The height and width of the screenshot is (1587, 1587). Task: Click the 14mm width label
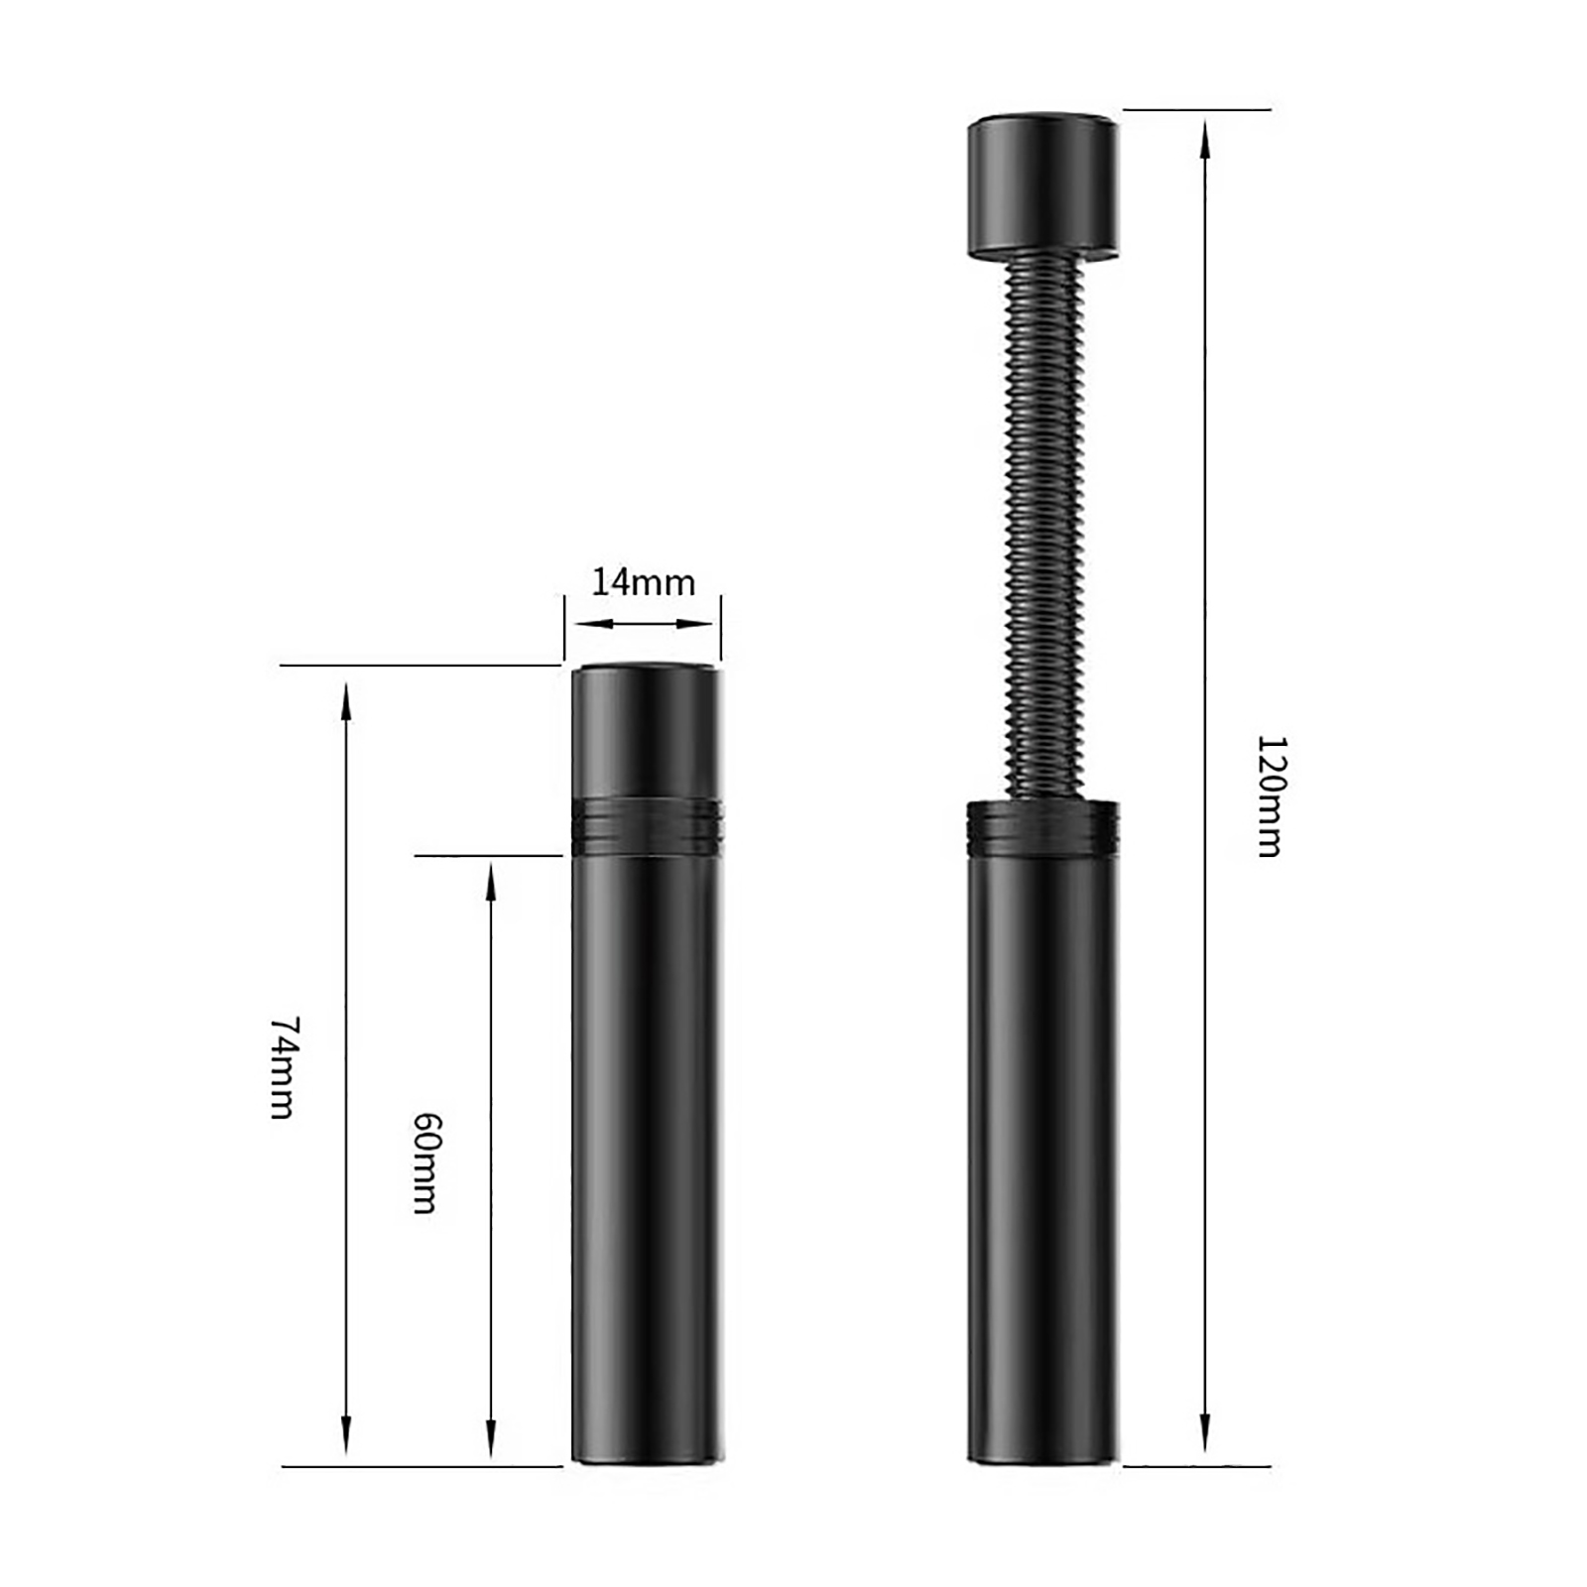coord(643,582)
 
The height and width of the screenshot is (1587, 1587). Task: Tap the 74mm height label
coord(284,1067)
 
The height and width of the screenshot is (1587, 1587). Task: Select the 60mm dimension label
coord(427,1162)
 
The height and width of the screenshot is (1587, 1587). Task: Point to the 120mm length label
coord(1270,795)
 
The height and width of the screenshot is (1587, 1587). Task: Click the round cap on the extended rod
coord(1042,185)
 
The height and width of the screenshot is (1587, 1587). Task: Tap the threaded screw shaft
coord(1042,527)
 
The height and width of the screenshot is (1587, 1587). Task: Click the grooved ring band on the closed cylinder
coord(647,823)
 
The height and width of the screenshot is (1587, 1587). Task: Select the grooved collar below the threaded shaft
coord(1042,828)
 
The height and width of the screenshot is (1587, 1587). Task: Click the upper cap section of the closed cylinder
coord(647,730)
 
